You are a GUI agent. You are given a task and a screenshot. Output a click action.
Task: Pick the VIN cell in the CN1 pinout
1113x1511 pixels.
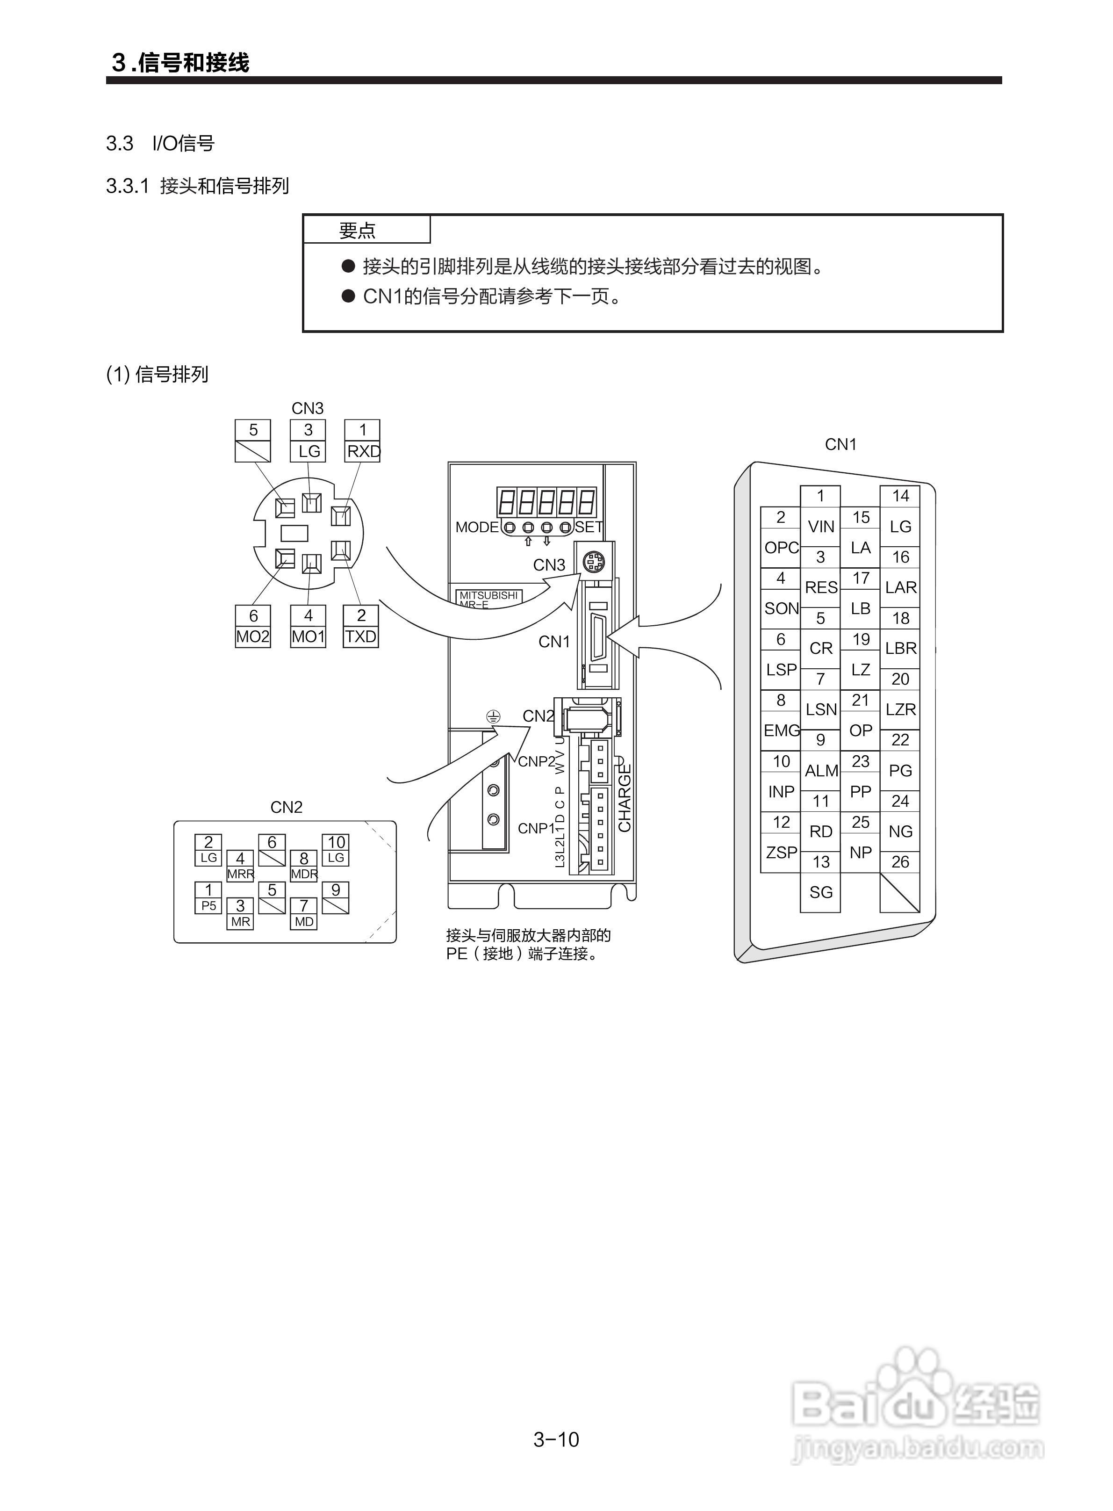[820, 527]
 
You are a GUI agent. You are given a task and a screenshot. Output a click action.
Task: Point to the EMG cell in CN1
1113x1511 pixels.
[781, 730]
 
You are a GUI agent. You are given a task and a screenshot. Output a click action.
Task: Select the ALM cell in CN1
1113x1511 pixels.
[820, 770]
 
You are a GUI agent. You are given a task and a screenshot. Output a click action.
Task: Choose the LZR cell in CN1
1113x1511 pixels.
[900, 709]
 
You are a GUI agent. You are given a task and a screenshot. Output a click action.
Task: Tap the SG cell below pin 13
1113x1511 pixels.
[820, 892]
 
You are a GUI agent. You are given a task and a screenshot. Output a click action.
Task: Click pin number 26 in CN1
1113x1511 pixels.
[900, 861]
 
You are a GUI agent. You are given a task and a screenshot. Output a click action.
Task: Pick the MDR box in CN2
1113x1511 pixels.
[304, 874]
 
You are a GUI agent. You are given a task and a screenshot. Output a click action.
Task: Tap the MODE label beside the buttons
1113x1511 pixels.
[477, 527]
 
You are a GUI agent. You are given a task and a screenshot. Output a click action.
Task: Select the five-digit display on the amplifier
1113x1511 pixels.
[546, 502]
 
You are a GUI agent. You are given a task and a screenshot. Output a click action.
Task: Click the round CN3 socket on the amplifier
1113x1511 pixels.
[594, 561]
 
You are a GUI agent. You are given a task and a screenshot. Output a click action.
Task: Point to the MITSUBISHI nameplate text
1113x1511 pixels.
[488, 596]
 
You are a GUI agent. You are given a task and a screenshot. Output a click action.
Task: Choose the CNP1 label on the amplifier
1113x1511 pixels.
[536, 828]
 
